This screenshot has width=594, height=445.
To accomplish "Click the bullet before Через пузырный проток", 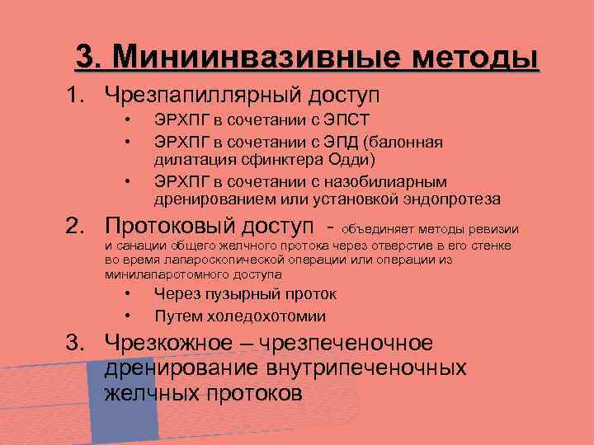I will coord(128,294).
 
